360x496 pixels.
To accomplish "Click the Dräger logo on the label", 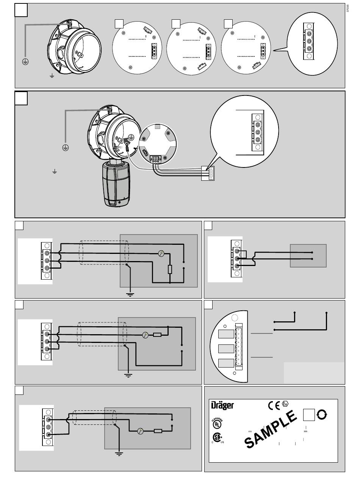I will (222, 405).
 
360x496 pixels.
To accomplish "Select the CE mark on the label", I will (274, 405).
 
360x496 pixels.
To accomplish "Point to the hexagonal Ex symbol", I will (285, 404).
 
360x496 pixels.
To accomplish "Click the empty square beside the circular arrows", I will (308, 415).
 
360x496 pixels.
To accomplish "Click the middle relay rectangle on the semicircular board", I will (226, 349).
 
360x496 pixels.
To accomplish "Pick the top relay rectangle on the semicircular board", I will (226, 334).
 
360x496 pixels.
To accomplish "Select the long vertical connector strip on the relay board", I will (239, 347).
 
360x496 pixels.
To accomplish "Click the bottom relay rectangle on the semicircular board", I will (226, 363).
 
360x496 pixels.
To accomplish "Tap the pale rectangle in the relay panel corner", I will (314, 372).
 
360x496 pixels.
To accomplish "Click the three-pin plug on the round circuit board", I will (155, 160).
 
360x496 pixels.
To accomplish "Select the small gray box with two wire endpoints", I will (308, 256).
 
